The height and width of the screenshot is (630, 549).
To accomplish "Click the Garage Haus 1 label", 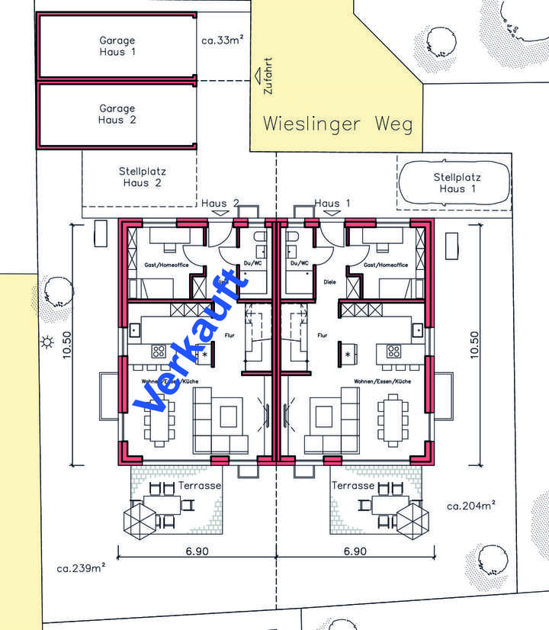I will pos(117,46).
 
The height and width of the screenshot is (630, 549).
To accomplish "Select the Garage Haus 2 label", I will pos(117,114).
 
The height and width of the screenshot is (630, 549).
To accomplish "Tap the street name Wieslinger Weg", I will pos(338,124).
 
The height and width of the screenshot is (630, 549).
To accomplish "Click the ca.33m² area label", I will pos(223,40).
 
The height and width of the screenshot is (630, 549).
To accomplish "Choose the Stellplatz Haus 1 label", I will pos(457,183).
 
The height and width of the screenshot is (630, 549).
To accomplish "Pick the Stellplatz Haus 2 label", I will pos(143,177).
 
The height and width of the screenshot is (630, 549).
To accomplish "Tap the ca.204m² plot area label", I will pos(471,505).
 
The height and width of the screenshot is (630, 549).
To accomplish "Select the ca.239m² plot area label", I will pos(81,567).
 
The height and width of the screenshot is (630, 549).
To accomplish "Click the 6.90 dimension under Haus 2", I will pos(195,551).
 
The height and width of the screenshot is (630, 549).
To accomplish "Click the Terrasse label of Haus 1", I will pos(353,485).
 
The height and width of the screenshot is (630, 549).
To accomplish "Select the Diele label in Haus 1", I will pos(330,281).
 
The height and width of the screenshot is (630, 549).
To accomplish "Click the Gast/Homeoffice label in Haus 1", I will pos(385,265).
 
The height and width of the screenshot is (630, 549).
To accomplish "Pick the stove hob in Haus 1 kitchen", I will pos(393,352).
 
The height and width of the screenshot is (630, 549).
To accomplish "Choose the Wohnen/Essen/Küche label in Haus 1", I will pos(383,381).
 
